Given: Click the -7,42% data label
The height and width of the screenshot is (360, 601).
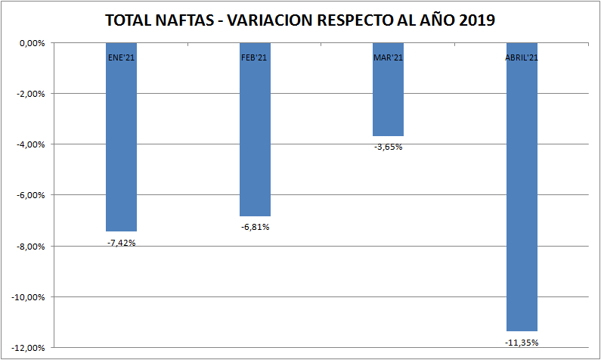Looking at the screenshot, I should [121, 243].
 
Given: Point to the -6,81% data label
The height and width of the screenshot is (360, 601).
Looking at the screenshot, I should [255, 227].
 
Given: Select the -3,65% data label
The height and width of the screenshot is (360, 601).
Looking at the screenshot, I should [388, 147].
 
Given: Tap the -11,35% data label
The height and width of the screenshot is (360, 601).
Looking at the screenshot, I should [522, 343].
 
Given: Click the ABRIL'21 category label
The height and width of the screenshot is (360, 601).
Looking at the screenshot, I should [522, 57].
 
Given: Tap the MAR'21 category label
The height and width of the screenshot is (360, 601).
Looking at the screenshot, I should [388, 57].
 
